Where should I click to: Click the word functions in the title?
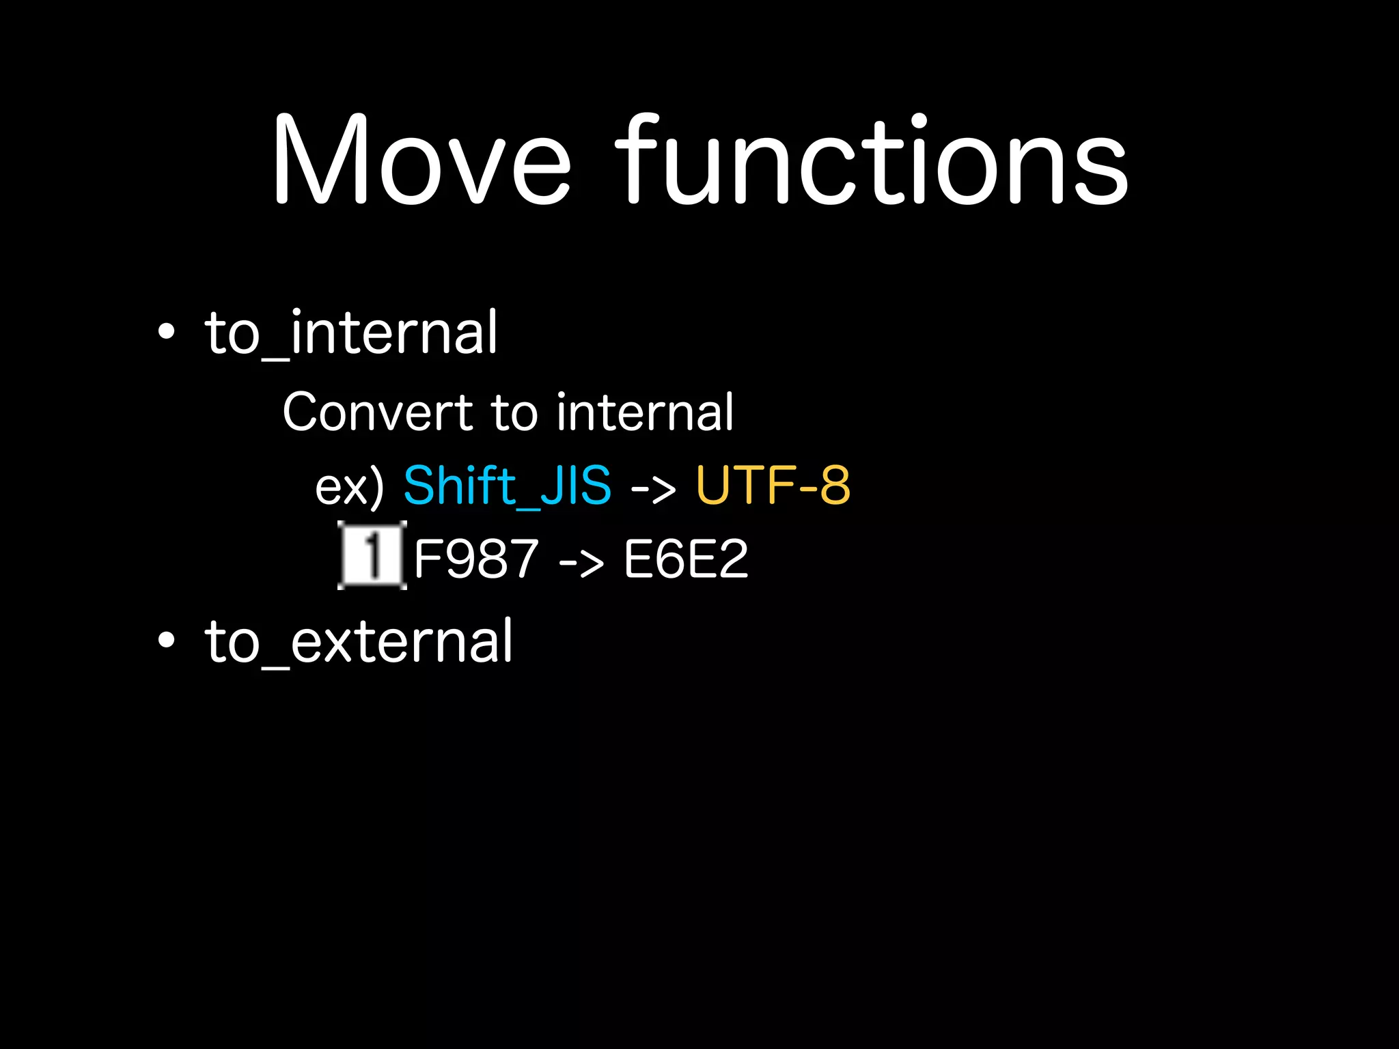(872, 160)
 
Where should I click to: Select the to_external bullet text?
(358, 641)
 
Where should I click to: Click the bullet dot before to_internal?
(166, 333)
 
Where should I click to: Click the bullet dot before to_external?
(166, 641)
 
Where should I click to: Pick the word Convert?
(378, 412)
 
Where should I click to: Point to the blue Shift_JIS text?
(507, 486)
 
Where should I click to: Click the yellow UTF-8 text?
(773, 486)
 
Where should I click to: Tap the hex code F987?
(476, 559)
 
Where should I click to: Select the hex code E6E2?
(686, 559)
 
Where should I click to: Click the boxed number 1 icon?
(372, 555)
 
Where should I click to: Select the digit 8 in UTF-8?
(835, 486)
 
